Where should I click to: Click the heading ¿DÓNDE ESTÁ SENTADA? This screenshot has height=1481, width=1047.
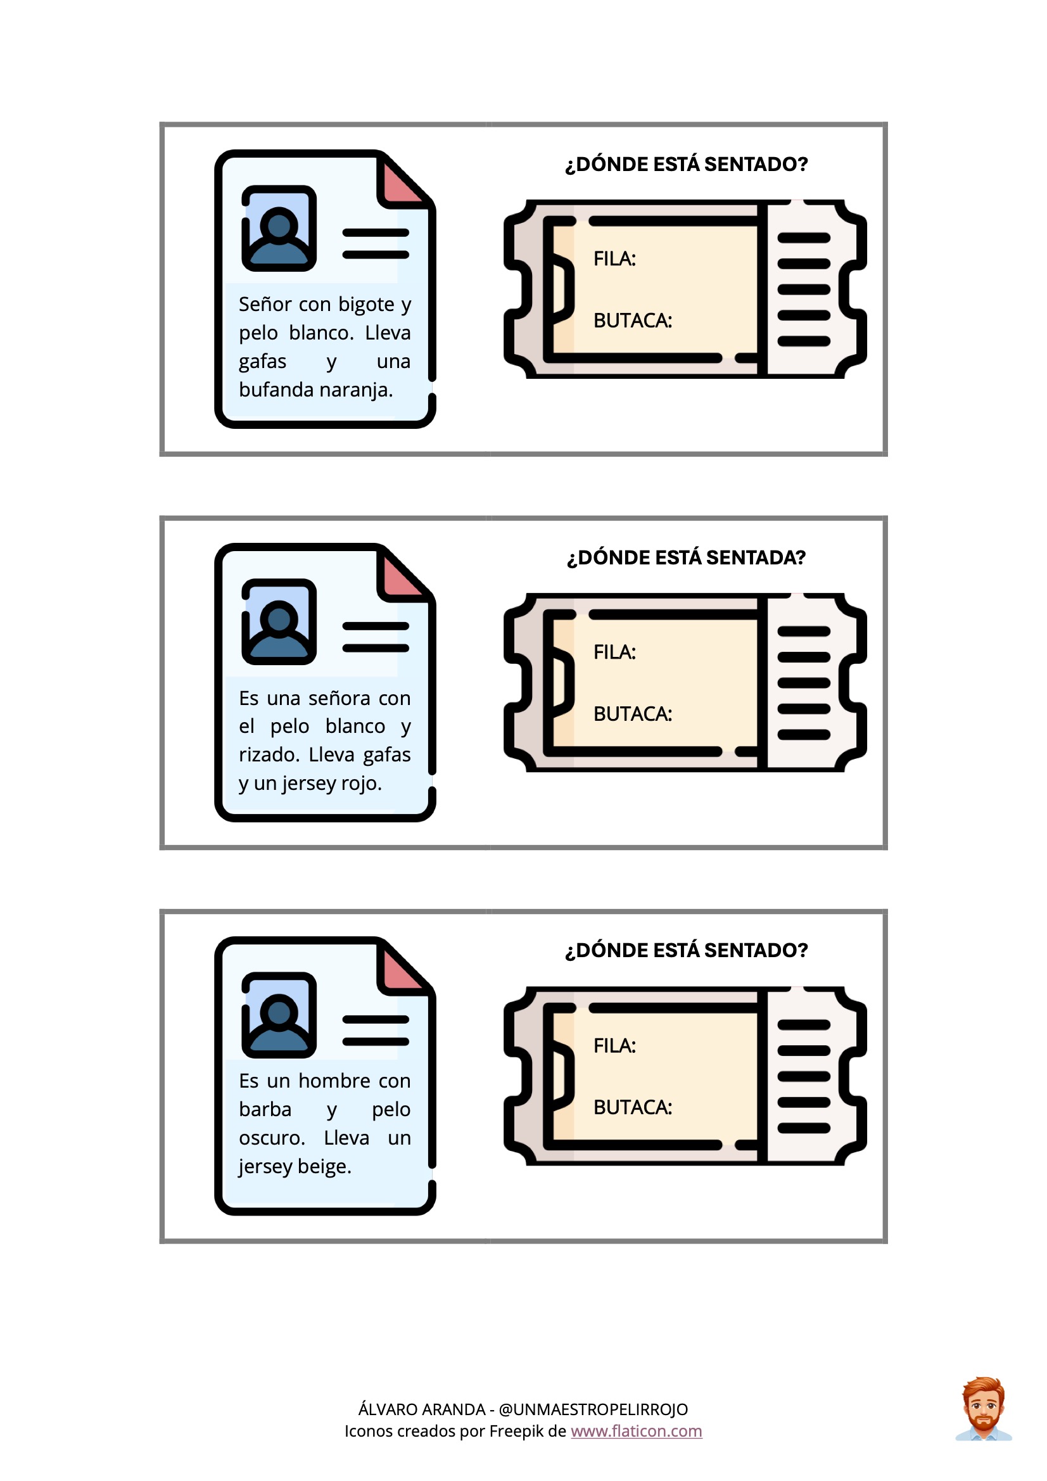[687, 557]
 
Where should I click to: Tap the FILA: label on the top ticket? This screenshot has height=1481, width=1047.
[614, 258]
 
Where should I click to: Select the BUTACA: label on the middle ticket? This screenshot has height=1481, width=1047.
[632, 713]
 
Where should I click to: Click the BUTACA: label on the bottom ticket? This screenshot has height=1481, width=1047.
[632, 1107]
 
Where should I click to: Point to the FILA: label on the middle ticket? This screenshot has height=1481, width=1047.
[614, 652]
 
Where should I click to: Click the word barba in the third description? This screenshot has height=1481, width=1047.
[265, 1109]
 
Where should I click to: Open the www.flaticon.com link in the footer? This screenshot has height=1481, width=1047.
[636, 1431]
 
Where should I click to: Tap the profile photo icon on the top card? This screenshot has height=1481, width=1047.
[279, 228]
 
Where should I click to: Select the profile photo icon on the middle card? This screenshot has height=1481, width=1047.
[279, 622]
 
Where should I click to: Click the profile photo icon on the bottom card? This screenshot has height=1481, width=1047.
[279, 1015]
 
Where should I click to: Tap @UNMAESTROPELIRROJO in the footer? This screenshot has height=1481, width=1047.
[593, 1409]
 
